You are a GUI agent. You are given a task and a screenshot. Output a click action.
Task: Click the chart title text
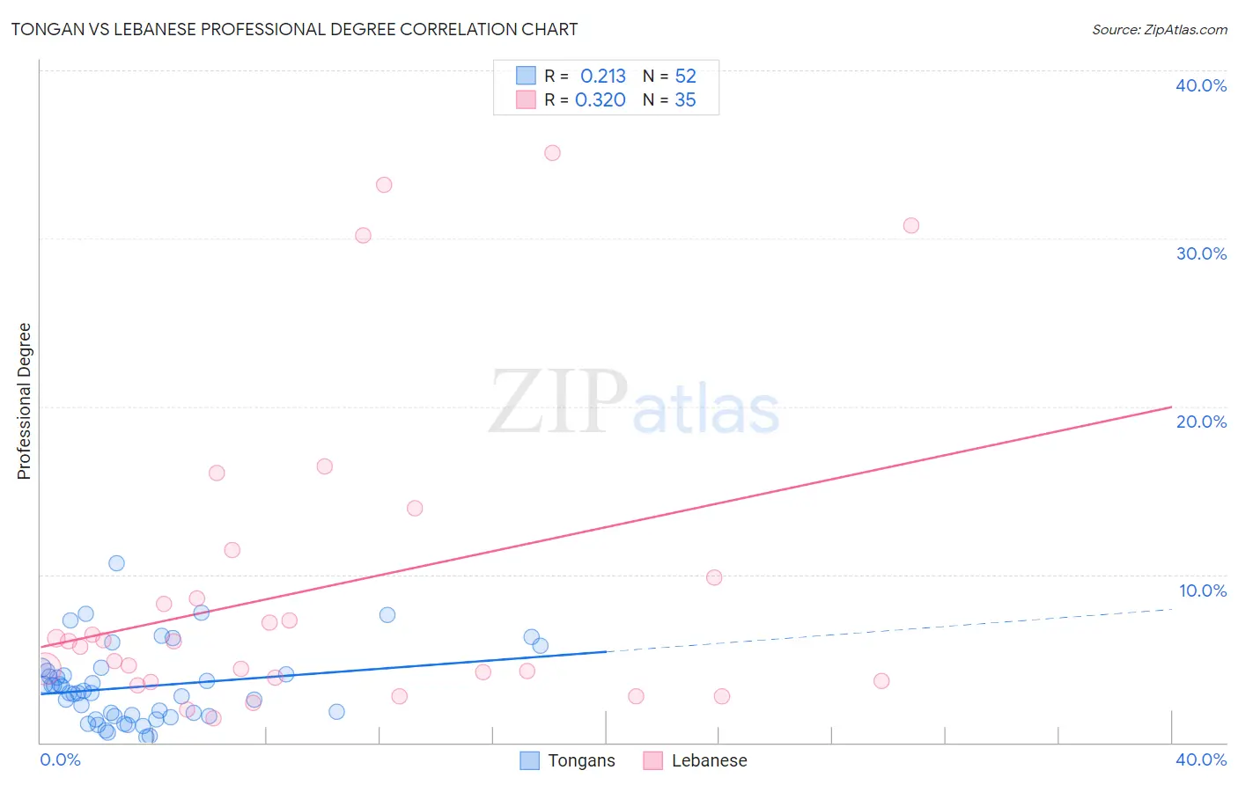pos(294,29)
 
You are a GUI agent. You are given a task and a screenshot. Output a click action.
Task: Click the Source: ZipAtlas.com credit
pos(1159,29)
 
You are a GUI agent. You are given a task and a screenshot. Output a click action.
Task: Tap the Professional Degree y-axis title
pos(24,401)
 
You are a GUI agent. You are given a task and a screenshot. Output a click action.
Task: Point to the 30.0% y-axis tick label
pos(1201,253)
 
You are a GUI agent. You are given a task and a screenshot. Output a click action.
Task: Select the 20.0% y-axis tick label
pos(1201,422)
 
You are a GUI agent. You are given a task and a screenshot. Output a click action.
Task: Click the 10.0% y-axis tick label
pos(1202,591)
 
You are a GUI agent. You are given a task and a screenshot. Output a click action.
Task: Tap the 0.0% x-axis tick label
pos(60,759)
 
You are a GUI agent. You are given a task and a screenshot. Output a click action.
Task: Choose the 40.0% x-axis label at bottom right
pos(1201,759)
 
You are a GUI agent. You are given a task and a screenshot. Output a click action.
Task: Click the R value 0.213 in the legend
pos(603,77)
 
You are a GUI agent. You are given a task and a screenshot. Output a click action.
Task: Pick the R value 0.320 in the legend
pos(601,100)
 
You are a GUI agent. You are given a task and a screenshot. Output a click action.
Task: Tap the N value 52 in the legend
pos(685,77)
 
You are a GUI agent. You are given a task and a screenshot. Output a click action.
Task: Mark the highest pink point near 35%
pos(552,153)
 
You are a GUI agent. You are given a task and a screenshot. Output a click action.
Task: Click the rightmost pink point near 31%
pos(911,225)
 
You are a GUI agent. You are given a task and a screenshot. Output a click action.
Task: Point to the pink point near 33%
pos(384,185)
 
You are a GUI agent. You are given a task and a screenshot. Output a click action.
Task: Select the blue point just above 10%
pos(116,563)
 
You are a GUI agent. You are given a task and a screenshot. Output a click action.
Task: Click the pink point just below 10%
pos(714,577)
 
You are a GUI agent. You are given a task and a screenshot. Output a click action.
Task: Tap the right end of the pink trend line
pos(1170,407)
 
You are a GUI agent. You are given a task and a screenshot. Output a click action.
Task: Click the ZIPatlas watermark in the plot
pos(634,403)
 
